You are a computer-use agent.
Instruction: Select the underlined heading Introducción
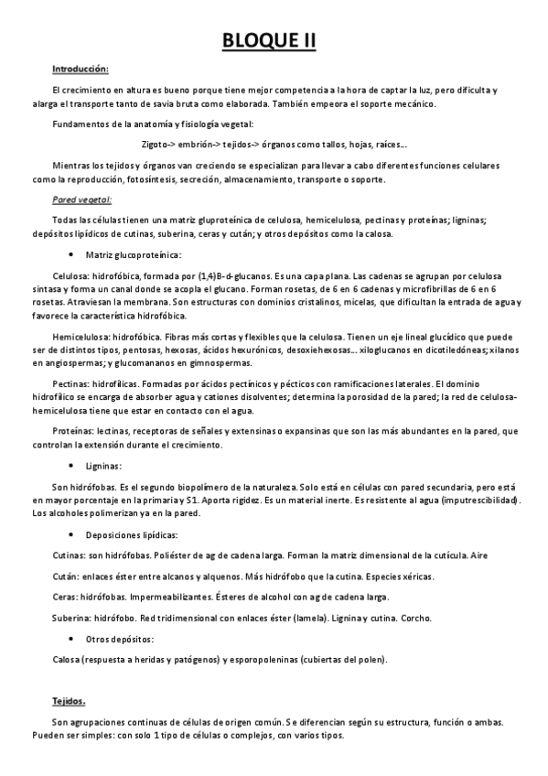[x=81, y=69]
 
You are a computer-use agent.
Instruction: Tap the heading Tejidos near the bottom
[x=69, y=701]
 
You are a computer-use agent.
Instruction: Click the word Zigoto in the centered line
[x=157, y=144]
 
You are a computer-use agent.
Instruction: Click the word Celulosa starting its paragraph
[x=70, y=275]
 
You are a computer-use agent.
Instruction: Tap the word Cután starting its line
[x=66, y=576]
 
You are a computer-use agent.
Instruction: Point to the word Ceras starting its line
[x=66, y=597]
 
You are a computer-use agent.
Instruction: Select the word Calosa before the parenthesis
[x=67, y=659]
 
